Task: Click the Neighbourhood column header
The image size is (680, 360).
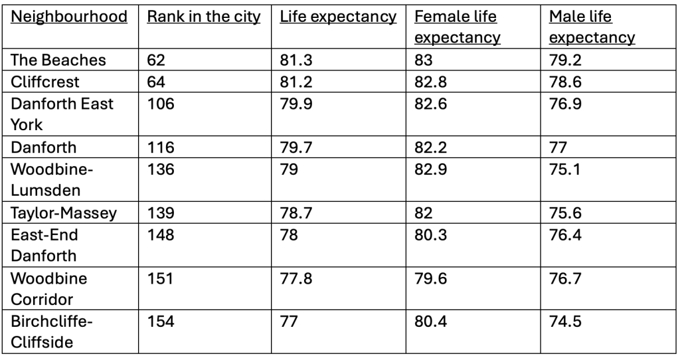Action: tap(69, 17)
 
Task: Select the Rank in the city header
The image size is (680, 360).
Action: tap(204, 17)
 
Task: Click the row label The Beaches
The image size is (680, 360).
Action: tap(58, 60)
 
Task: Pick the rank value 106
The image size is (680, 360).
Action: tap(160, 104)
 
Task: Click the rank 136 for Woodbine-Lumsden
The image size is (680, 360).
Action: tap(160, 169)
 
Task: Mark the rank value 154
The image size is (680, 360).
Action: tap(160, 321)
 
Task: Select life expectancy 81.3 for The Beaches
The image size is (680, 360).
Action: tap(294, 60)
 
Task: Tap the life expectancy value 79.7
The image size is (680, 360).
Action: tap(294, 147)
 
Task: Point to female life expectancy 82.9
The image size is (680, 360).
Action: tap(429, 169)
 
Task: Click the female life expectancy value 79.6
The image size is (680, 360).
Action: tap(429, 278)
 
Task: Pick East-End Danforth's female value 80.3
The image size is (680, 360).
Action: tap(429, 234)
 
